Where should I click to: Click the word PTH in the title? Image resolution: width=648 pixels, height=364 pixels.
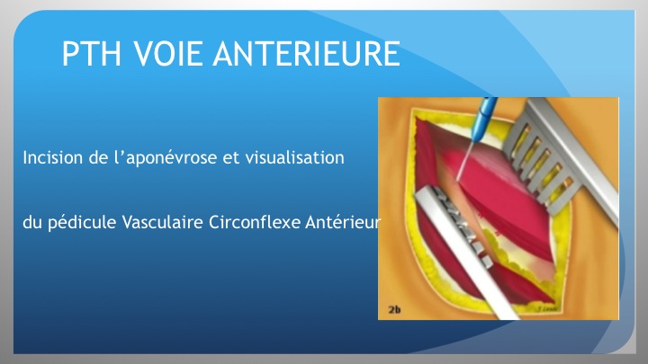point(91,54)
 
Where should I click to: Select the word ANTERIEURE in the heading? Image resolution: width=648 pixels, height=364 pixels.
point(307,54)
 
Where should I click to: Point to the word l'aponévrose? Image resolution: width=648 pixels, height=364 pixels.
point(165,158)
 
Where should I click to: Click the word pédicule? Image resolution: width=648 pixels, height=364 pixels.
point(82,223)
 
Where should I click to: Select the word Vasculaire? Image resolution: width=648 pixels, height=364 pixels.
point(162,223)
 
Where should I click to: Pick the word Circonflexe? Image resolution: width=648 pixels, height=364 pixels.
point(255,223)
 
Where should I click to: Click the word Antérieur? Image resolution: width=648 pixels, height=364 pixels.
point(342,223)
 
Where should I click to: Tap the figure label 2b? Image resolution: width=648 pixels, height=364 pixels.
point(395,309)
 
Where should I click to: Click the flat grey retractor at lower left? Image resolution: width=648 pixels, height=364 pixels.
point(463,252)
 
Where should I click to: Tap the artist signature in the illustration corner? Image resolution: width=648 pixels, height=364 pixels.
point(548,308)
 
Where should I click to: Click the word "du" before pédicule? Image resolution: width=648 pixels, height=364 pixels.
point(32,223)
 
